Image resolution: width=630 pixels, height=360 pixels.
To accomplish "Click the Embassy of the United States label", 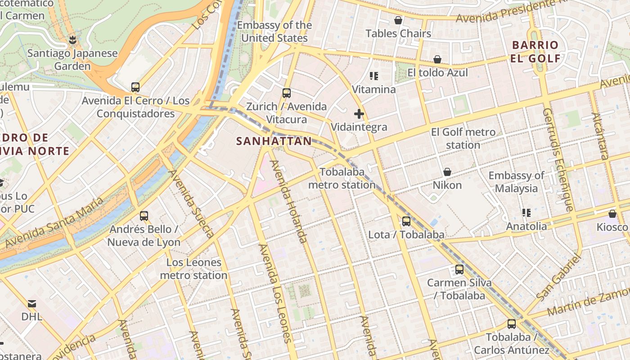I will point(274,31).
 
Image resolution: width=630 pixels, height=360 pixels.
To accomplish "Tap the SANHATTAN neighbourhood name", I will point(274,141).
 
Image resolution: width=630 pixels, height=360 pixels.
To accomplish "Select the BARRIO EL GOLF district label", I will point(535,52).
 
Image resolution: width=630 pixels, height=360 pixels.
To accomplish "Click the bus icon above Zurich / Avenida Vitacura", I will point(287,93).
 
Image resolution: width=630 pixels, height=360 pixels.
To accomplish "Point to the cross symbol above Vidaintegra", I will point(359,114).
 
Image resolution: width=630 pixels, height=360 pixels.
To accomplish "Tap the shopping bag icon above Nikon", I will point(447,172).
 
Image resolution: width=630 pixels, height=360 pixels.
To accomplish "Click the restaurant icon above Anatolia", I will point(526,212).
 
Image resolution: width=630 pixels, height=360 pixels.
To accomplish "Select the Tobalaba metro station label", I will point(342,178).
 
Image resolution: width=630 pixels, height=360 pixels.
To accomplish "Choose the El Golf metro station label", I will point(463,139).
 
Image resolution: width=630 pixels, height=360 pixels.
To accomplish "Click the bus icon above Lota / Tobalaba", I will point(406,221).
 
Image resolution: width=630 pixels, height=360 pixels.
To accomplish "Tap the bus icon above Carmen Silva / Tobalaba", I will point(459,270).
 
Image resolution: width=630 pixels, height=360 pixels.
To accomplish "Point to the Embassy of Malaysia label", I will point(516,182).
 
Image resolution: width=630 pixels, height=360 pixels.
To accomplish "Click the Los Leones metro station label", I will point(194,269).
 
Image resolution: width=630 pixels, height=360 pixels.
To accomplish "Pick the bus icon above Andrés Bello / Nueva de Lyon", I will point(144,216).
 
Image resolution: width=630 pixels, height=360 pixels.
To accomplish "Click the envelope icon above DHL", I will point(32,303).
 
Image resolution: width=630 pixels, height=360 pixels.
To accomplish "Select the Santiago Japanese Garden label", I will point(72,59).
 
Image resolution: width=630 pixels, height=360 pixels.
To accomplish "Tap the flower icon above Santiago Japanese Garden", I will point(72,40).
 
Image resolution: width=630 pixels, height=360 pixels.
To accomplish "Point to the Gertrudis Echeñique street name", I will point(558,160).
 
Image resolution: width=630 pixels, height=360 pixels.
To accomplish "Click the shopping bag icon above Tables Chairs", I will point(398,20).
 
